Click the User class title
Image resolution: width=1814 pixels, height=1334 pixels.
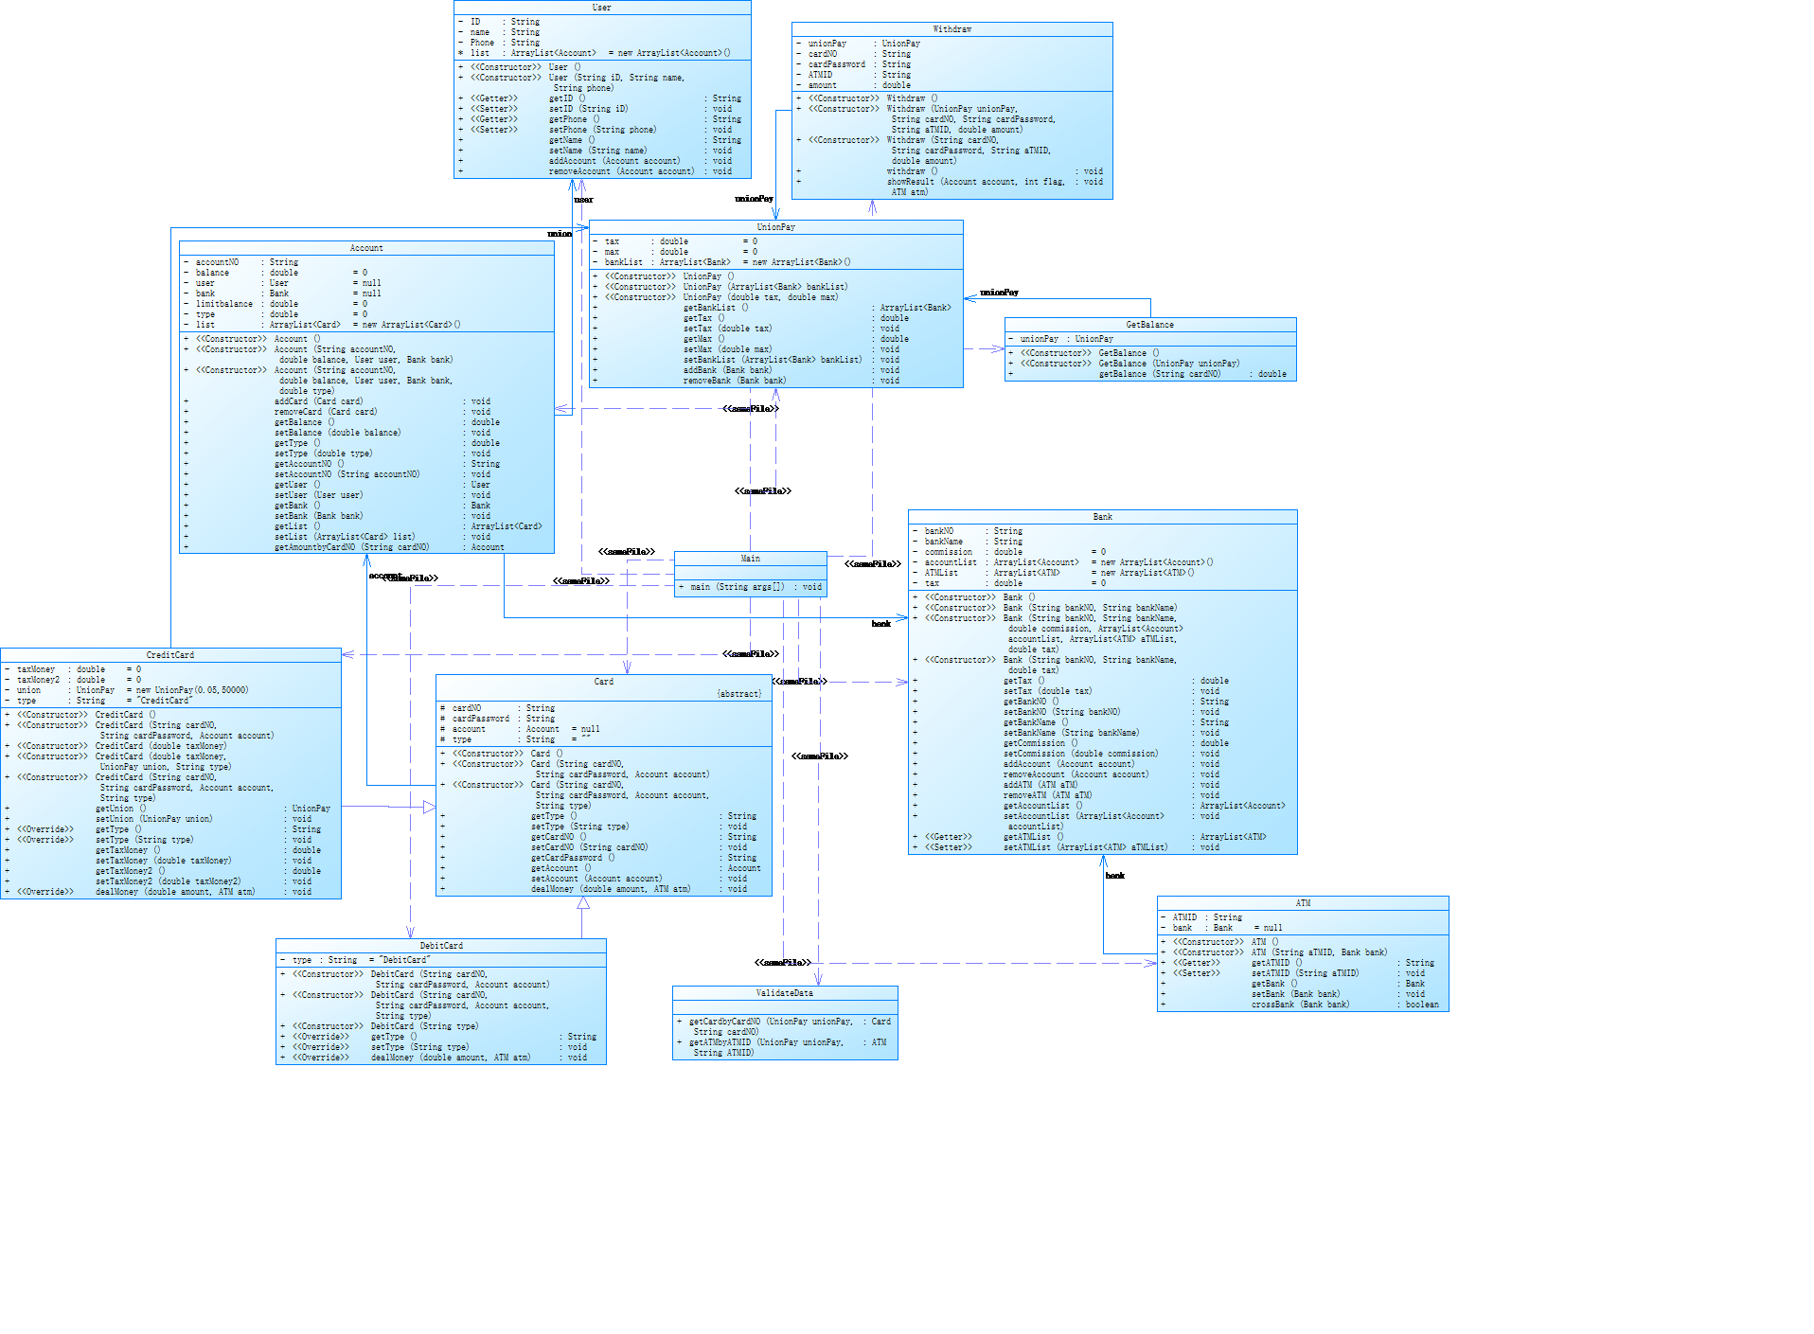click(x=601, y=8)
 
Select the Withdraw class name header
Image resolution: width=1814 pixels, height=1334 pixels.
click(x=951, y=29)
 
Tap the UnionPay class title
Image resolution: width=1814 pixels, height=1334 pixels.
click(x=775, y=227)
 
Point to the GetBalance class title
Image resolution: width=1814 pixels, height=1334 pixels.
click(x=1149, y=325)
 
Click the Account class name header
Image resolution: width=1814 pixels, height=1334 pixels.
click(x=366, y=248)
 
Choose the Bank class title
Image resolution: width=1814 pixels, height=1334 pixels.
click(x=1102, y=517)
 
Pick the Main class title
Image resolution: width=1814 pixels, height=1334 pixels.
click(x=750, y=559)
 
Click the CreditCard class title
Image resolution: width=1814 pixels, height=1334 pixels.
click(x=170, y=655)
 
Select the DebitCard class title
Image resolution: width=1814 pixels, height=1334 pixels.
click(x=441, y=946)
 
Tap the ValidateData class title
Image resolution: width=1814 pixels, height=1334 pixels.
click(x=784, y=993)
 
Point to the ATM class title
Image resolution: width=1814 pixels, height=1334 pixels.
click(x=1303, y=903)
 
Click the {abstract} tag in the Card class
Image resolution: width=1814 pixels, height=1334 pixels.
click(x=738, y=694)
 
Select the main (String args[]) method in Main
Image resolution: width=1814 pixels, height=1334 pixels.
click(x=738, y=587)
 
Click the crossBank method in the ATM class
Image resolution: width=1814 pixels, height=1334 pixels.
click(x=1300, y=1005)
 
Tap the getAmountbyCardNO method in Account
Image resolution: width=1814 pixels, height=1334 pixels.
click(x=351, y=547)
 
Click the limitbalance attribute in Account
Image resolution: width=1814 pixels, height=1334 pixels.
click(x=224, y=304)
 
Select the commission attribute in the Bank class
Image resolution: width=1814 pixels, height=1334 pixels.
click(x=948, y=552)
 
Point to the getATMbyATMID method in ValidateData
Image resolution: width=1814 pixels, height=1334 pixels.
click(x=765, y=1042)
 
